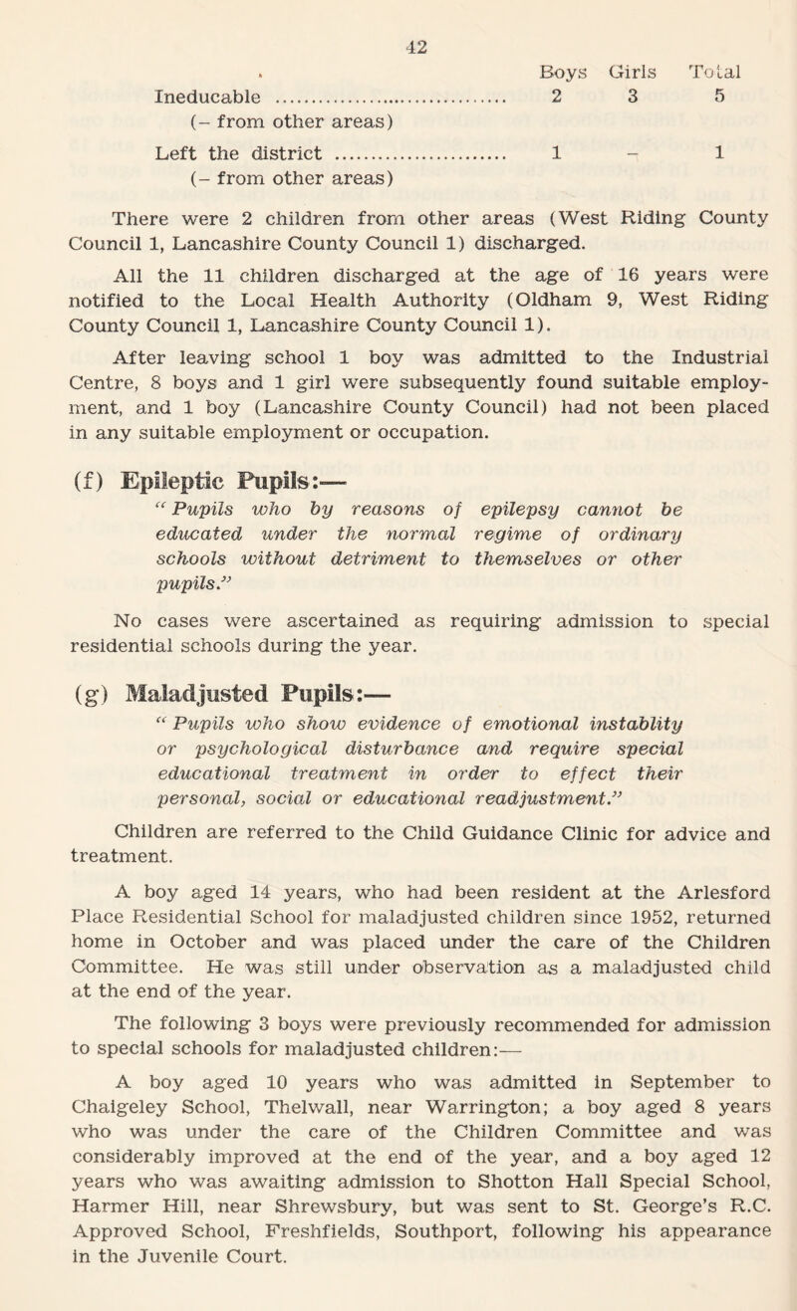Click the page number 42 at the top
click(399, 15)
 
